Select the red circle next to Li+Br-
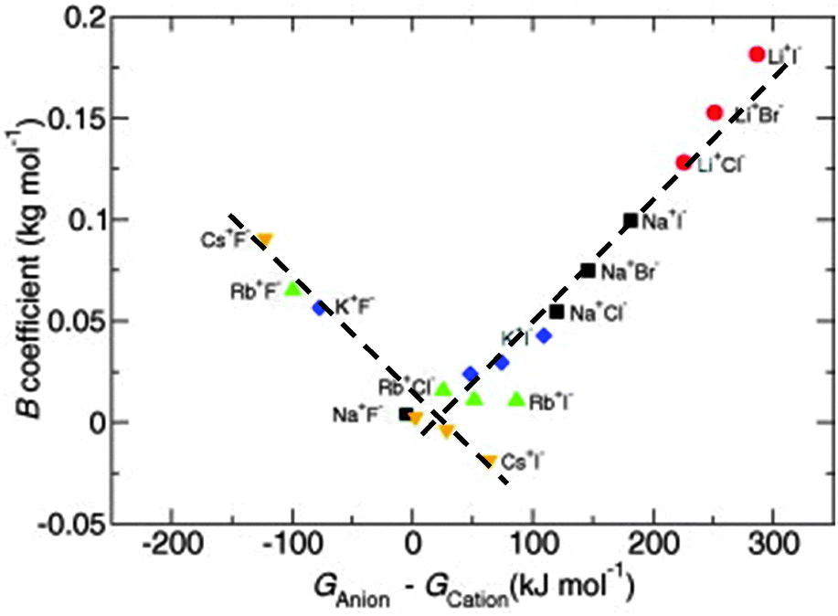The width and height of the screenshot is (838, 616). [x=715, y=112]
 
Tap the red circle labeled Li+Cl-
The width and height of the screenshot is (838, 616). [x=683, y=163]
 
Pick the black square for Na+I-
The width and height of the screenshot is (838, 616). [x=631, y=220]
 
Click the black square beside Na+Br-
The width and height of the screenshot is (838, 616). [x=589, y=271]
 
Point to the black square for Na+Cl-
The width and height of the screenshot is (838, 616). [x=557, y=312]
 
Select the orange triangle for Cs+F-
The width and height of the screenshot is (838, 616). [x=265, y=239]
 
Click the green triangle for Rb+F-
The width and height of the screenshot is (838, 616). [x=293, y=289]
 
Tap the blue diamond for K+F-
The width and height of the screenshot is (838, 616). [x=320, y=308]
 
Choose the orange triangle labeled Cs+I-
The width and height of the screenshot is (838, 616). [x=490, y=461]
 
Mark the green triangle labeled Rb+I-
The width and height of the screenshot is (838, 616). [x=516, y=399]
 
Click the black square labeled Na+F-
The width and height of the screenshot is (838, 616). [x=405, y=414]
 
